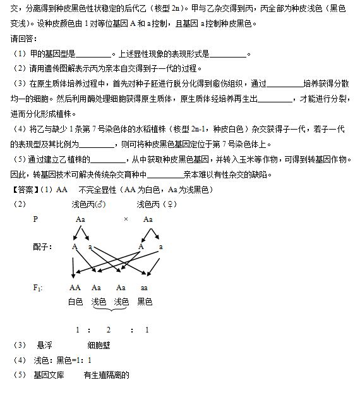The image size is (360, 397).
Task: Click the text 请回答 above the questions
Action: [x=25, y=39]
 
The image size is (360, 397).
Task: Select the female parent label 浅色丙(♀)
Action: [x=153, y=205]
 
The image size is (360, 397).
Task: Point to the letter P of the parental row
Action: [x=35, y=219]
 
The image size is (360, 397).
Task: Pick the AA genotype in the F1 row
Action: [x=75, y=288]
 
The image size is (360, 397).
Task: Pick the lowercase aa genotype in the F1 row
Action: [x=144, y=288]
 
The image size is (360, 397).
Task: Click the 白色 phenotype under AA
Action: [x=75, y=302]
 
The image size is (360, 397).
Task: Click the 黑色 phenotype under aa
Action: [x=145, y=302]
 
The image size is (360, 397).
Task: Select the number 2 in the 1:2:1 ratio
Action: [x=109, y=329]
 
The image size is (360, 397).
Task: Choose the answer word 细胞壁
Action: [x=99, y=345]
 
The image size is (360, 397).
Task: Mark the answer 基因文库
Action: [x=49, y=375]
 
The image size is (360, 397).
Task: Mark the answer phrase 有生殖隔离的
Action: [x=106, y=375]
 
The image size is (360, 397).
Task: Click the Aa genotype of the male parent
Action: [x=80, y=219]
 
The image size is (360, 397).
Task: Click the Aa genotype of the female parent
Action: [x=148, y=219]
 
